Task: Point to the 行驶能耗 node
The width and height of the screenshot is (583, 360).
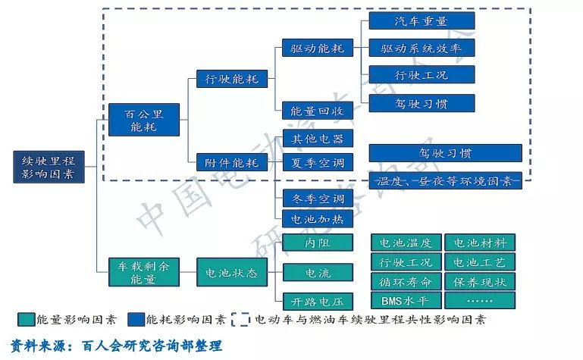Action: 227,78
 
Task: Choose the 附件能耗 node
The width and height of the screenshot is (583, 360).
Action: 227,161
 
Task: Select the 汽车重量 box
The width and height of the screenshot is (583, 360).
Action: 422,20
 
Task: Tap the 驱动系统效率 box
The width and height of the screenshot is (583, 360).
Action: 422,48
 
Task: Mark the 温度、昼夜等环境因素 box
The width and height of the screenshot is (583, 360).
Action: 445,180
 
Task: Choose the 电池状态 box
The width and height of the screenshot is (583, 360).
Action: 227,272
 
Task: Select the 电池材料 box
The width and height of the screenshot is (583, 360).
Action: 479,243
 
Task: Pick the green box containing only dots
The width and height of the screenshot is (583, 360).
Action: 479,300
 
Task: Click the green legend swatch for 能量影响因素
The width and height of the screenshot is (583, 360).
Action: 26,319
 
